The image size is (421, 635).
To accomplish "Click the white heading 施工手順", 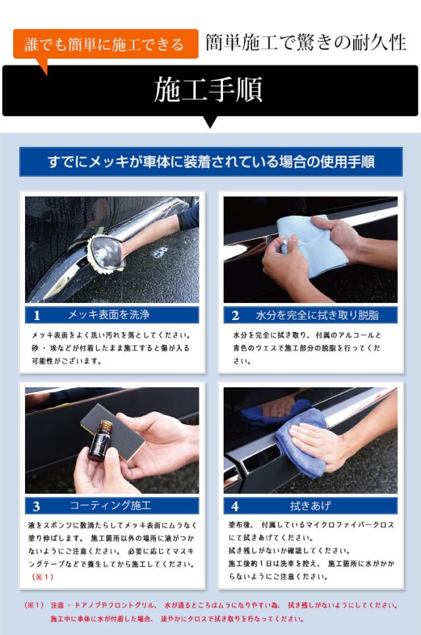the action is [x=209, y=90].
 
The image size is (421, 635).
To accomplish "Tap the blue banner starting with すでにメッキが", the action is [x=210, y=161].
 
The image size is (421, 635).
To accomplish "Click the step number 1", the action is [x=37, y=316].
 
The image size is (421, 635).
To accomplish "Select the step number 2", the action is [x=235, y=316].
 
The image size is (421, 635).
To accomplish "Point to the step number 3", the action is [x=36, y=506].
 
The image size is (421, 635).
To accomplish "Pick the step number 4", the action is [x=235, y=506].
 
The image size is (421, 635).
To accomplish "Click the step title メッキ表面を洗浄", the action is [x=109, y=315].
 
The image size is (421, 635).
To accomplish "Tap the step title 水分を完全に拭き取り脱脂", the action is [x=317, y=315].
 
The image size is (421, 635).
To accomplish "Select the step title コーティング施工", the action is [x=111, y=505].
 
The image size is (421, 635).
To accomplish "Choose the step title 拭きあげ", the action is [x=310, y=505].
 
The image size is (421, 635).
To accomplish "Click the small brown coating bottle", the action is [x=100, y=441].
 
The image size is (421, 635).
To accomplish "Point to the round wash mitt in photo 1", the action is [x=105, y=252].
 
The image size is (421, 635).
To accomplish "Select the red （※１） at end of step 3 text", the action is [x=43, y=576].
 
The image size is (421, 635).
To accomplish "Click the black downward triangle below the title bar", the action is [x=210, y=122].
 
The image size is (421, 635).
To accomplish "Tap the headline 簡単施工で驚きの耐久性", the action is [x=306, y=43].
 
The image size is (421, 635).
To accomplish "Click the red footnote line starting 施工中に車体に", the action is [x=177, y=619].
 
